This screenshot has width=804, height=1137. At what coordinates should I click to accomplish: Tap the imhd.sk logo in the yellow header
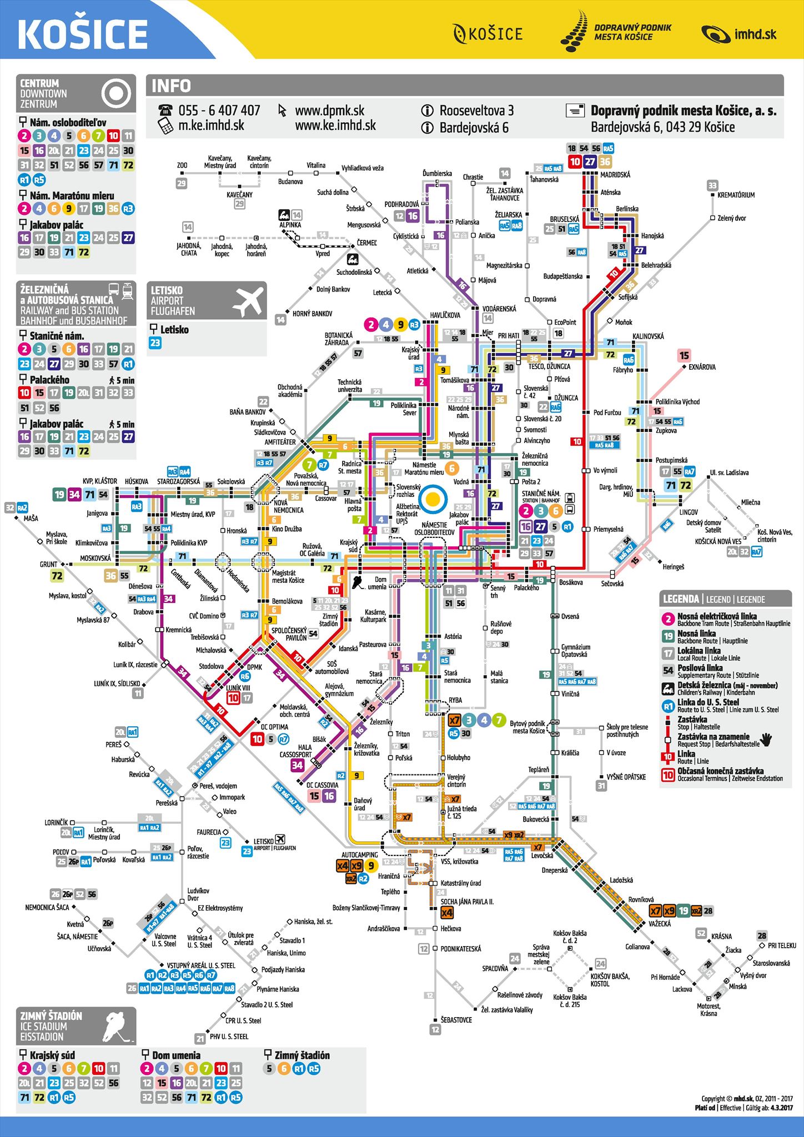(738, 34)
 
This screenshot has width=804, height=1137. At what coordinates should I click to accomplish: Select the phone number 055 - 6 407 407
(219, 110)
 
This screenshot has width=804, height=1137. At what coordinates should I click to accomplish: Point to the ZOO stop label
(182, 165)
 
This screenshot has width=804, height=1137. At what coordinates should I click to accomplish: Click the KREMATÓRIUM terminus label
(736, 195)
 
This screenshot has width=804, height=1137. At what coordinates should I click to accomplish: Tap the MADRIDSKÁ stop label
(615, 175)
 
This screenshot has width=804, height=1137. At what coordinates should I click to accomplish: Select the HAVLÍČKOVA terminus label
(445, 315)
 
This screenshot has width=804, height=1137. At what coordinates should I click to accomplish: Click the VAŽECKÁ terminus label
(660, 924)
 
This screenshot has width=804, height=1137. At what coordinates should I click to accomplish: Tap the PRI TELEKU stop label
(782, 945)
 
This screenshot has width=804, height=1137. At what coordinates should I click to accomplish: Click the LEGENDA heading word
(681, 599)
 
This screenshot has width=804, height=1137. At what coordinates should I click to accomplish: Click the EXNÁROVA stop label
(702, 367)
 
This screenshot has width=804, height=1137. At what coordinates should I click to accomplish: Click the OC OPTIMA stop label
(274, 727)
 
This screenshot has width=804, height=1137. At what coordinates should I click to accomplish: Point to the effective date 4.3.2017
(781, 1108)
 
